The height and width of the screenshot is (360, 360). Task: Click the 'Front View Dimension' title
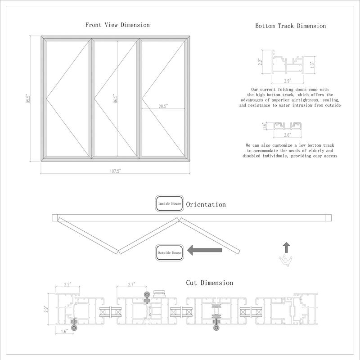117,25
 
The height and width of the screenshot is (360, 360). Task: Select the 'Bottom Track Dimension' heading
290,26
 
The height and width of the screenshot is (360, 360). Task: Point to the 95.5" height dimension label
28,99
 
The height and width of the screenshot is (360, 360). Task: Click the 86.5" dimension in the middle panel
115,99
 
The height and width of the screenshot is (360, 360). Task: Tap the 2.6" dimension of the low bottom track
287,134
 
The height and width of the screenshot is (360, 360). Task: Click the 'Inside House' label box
169,204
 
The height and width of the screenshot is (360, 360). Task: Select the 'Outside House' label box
170,253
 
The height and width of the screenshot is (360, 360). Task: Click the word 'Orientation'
206,204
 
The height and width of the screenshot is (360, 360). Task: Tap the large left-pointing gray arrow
205,250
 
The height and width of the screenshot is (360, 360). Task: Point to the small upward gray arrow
286,247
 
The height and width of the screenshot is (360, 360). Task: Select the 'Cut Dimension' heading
209,283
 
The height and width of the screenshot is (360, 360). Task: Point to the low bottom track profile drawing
287,126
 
